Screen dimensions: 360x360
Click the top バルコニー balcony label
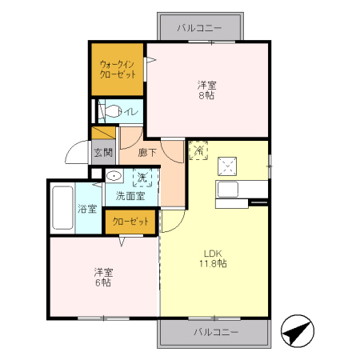click(200, 27)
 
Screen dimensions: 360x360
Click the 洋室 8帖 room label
click(206, 90)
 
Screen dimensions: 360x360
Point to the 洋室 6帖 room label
click(102, 276)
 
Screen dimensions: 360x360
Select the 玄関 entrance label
click(102, 152)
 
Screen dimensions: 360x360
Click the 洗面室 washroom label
click(130, 195)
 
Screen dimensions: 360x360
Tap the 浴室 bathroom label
click(87, 210)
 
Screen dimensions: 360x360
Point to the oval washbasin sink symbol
click(114, 176)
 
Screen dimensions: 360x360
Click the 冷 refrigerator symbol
click(198, 149)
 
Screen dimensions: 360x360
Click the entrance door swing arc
click(76, 152)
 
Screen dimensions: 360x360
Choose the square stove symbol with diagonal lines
click(227, 166)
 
